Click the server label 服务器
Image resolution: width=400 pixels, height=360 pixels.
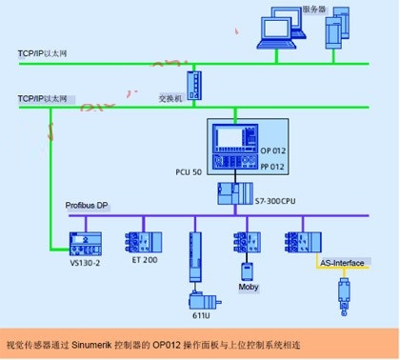[x=314, y=10]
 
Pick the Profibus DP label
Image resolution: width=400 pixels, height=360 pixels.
[x=88, y=204]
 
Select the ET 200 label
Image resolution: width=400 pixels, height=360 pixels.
[x=144, y=258]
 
